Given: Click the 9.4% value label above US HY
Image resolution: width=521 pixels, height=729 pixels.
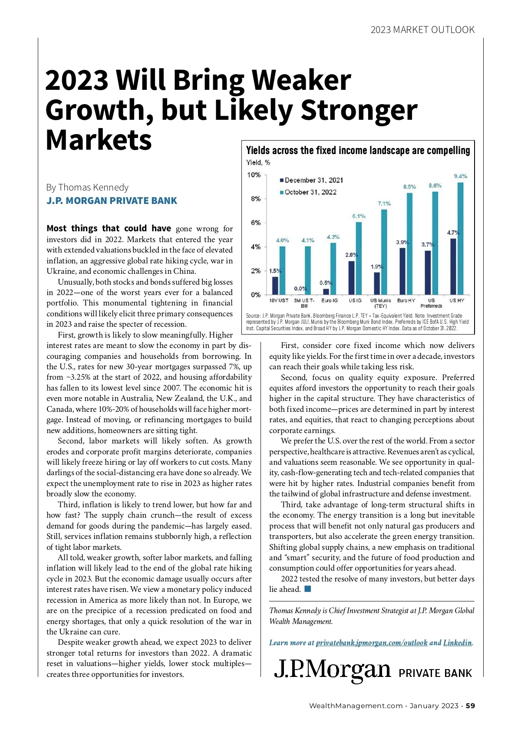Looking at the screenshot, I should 460,176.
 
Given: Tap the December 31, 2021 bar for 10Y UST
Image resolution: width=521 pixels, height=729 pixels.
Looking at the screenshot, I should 275,286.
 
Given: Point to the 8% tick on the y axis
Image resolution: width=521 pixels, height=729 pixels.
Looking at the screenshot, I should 254,199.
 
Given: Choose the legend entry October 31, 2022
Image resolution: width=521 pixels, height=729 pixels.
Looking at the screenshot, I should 310,192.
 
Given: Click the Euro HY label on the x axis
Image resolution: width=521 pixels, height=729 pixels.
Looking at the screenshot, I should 406,300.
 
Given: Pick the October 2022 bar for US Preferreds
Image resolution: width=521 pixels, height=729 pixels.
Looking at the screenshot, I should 435,243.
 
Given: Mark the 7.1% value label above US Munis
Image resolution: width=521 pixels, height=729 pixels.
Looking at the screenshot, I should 384,204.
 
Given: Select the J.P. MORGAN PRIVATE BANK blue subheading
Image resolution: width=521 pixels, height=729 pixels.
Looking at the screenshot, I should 112,201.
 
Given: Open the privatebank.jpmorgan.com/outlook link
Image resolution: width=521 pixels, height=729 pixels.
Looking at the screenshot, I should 372,643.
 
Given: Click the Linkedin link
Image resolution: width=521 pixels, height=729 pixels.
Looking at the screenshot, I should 457,643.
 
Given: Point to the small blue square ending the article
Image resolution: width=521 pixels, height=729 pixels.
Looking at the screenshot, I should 308,589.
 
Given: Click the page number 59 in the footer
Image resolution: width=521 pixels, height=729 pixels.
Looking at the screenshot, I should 471,706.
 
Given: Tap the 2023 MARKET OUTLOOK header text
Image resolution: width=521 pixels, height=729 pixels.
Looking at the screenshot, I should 422,30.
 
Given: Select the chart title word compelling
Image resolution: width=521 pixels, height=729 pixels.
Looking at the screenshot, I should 448,151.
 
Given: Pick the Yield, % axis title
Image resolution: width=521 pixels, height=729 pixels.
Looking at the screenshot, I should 258,163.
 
